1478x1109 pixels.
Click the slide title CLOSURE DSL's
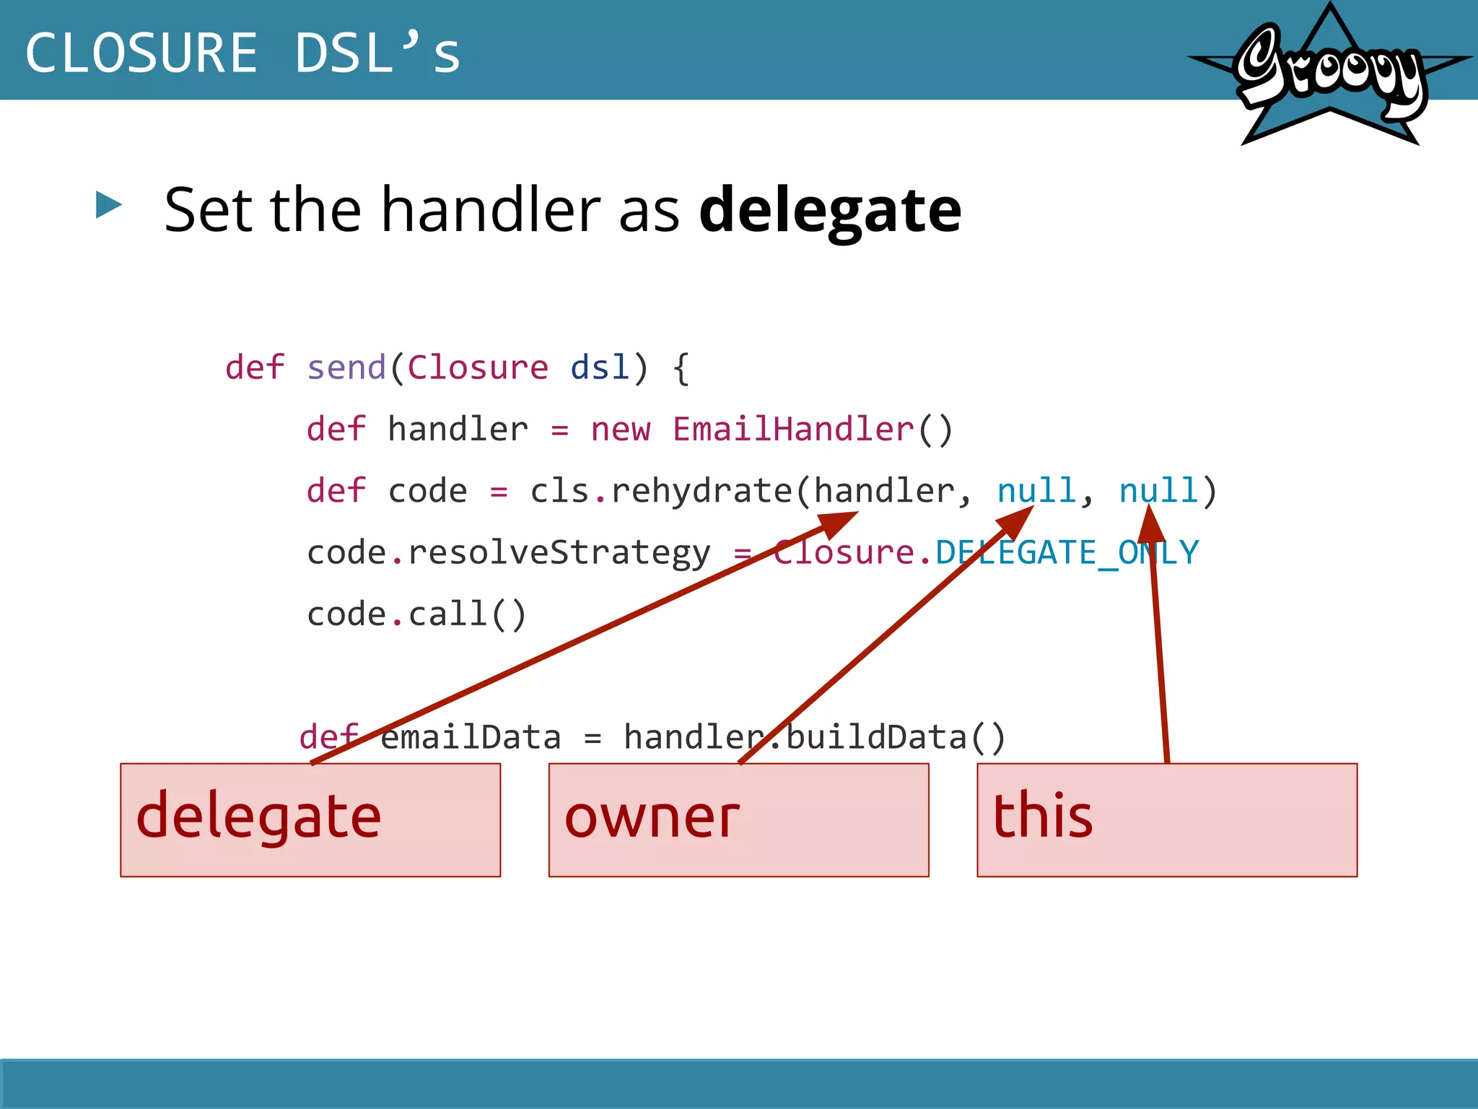click(x=242, y=53)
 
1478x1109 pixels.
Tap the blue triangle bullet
click(x=109, y=205)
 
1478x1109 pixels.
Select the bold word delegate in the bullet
click(x=830, y=210)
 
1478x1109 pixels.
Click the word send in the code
click(x=346, y=368)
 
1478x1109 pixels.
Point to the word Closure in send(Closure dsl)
click(x=478, y=368)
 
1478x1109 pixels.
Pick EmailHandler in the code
click(x=793, y=430)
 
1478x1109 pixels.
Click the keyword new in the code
click(x=621, y=430)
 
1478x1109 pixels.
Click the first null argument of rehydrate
click(x=1036, y=492)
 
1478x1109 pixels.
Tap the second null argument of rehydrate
click(x=1158, y=492)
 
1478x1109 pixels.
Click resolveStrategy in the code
click(x=559, y=553)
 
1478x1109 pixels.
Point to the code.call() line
click(x=417, y=614)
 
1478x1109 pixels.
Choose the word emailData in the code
click(x=470, y=738)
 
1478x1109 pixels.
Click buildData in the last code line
click(x=875, y=738)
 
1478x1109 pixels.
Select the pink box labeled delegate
click(x=310, y=819)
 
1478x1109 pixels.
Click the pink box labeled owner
click(x=738, y=819)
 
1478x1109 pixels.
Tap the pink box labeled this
click(x=1167, y=819)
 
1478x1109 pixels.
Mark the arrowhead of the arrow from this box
click(x=1150, y=524)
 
